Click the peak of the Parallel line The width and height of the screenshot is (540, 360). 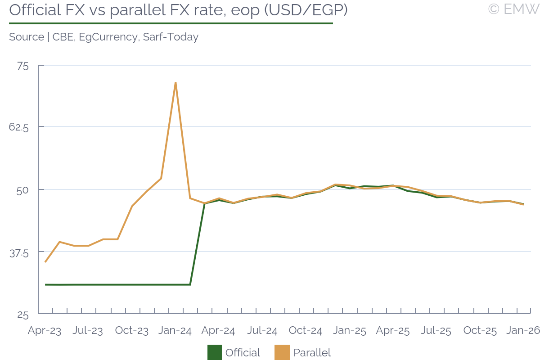pyautogui.click(x=175, y=82)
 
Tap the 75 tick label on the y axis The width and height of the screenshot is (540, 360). pyautogui.click(x=22, y=66)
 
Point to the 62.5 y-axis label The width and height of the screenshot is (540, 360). pyautogui.click(x=19, y=128)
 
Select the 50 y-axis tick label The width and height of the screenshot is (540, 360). pyautogui.click(x=22, y=189)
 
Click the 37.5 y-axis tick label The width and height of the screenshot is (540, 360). pyautogui.click(x=19, y=253)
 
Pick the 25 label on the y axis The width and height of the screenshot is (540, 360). pyautogui.click(x=23, y=315)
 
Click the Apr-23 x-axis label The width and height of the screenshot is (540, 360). pyautogui.click(x=45, y=331)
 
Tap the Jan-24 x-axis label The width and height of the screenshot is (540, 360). pyautogui.click(x=175, y=331)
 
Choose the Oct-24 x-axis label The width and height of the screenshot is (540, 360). pyautogui.click(x=306, y=331)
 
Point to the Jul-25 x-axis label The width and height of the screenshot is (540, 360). pyautogui.click(x=436, y=331)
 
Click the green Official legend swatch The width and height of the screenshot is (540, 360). pyautogui.click(x=214, y=353)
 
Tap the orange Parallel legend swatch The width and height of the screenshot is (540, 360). pyautogui.click(x=281, y=353)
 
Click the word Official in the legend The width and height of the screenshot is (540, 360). pyautogui.click(x=243, y=353)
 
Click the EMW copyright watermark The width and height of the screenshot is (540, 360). pyautogui.click(x=513, y=9)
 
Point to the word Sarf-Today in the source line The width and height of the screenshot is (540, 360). pyautogui.click(x=171, y=37)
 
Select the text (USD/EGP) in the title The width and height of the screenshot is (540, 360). pyautogui.click(x=306, y=10)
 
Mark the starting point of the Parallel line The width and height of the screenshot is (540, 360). pyautogui.click(x=45, y=262)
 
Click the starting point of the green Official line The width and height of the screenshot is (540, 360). pyautogui.click(x=45, y=284)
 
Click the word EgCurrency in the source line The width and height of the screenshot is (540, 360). pyautogui.click(x=108, y=37)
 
